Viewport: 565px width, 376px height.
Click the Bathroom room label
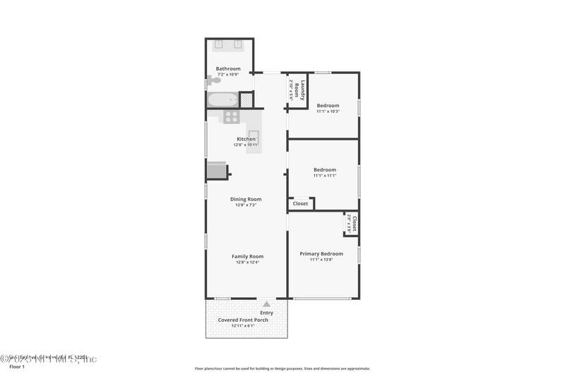(228, 68)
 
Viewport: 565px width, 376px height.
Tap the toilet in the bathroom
(213, 81)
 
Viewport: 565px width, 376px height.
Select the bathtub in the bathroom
(223, 99)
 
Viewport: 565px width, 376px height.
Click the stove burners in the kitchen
(231, 116)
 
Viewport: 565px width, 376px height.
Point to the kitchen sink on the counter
(253, 137)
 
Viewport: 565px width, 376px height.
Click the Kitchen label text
(246, 139)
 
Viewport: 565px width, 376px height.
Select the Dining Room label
(246, 199)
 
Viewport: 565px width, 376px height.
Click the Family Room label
(247, 256)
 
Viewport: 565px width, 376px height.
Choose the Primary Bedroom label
(321, 253)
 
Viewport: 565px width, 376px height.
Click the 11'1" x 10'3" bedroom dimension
(328, 111)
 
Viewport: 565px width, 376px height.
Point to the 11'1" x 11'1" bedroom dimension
(325, 176)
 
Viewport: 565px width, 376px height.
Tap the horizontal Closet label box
(300, 203)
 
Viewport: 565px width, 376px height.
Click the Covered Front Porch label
(243, 320)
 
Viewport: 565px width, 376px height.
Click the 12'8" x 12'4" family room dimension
(247, 262)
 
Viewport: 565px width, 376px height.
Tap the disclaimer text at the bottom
(282, 368)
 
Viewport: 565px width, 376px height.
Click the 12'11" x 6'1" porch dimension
(243, 326)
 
